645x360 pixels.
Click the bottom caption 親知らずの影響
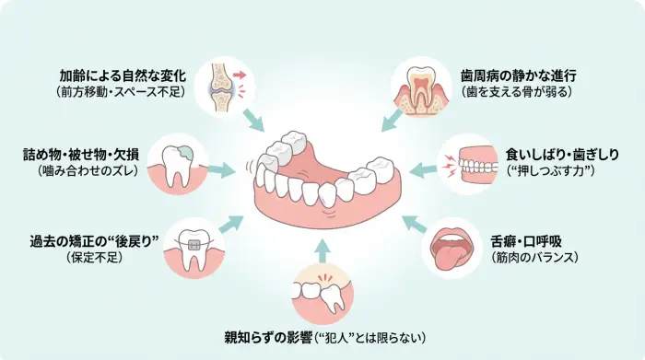(x=267, y=338)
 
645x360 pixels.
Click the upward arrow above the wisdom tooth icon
(x=321, y=247)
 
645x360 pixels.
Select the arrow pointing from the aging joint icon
(x=252, y=118)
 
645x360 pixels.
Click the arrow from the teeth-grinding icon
(x=423, y=168)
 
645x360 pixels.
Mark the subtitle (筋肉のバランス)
(x=535, y=258)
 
